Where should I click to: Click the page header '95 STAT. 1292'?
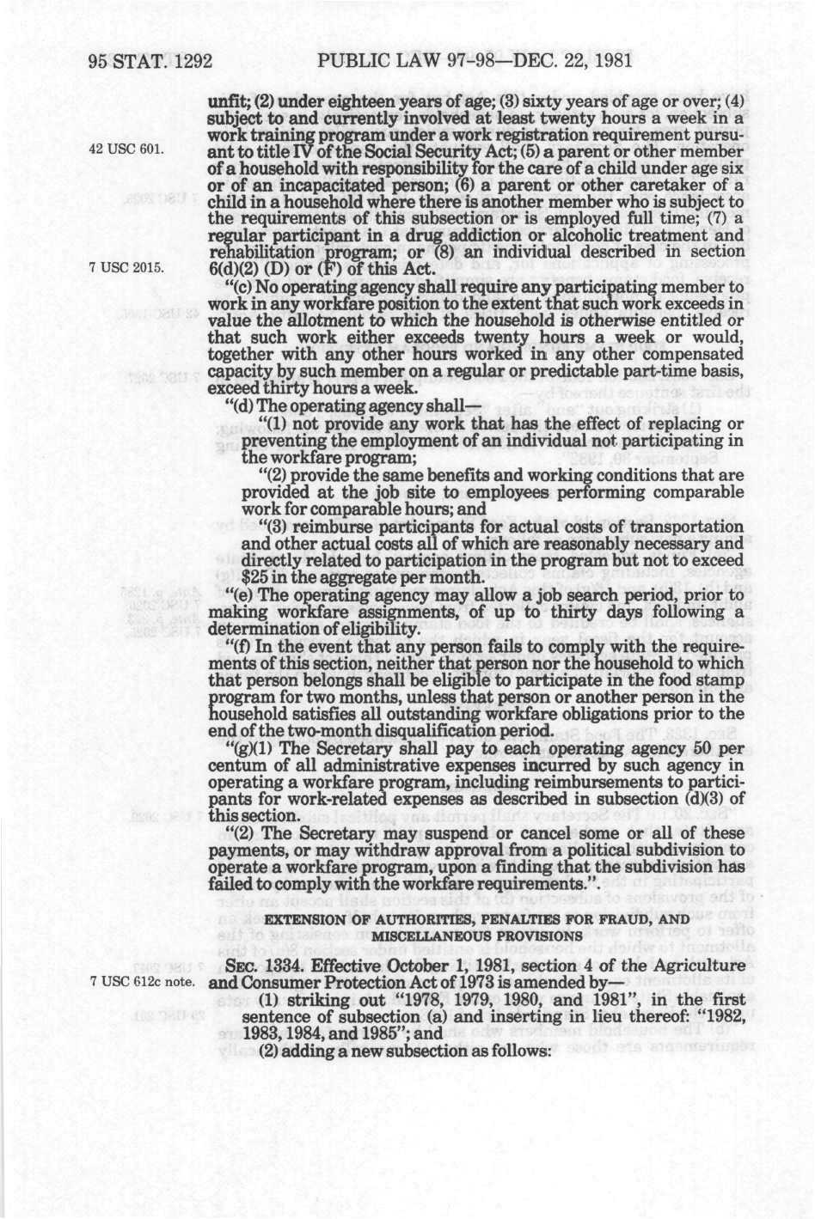(150, 61)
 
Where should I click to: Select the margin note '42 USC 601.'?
(126, 149)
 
